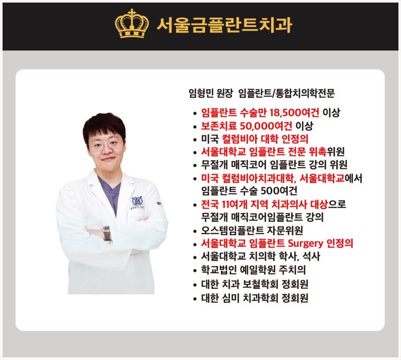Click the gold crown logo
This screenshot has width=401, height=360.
(132, 24)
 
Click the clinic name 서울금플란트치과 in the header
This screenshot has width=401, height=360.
(224, 25)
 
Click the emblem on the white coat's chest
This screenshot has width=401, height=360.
(136, 202)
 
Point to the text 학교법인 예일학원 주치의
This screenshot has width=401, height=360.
(253, 271)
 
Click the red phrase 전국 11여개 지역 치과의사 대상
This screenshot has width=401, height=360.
(264, 205)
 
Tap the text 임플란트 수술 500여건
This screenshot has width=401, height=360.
(249, 191)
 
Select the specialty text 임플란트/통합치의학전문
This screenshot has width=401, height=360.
(287, 93)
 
